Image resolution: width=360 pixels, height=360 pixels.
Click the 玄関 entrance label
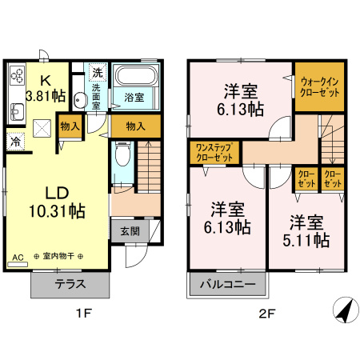click(130, 231)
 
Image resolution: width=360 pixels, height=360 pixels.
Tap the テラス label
click(70, 285)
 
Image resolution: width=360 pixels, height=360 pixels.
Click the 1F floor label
click(82, 313)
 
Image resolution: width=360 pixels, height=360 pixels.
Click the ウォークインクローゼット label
click(319, 86)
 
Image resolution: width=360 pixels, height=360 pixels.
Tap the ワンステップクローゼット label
click(214, 153)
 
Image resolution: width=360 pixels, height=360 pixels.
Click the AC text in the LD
click(18, 258)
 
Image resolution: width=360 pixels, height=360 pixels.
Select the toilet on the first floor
click(121, 154)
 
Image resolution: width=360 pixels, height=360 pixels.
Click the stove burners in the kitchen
click(18, 78)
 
